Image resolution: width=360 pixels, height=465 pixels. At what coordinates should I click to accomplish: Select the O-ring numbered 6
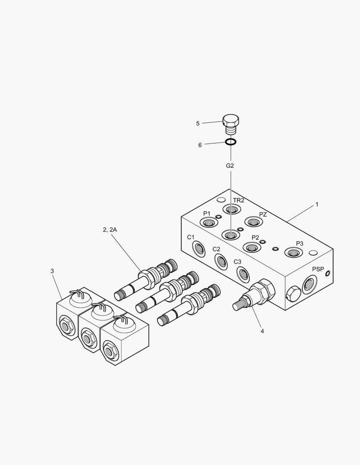[231, 142]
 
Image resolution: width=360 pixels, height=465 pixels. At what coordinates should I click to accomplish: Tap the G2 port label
[230, 165]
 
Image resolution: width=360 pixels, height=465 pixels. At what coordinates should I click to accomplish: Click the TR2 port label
[239, 200]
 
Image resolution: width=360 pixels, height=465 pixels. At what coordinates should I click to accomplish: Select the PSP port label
[318, 269]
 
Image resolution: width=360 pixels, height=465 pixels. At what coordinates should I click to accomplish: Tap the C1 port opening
[199, 248]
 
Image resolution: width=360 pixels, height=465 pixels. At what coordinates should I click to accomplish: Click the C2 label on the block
[216, 249]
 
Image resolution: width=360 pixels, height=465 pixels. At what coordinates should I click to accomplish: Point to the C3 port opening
[242, 273]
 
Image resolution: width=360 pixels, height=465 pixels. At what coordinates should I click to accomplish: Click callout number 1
[317, 205]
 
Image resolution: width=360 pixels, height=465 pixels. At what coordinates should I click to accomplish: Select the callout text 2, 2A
[110, 230]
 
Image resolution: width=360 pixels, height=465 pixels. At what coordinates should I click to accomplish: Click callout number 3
[52, 271]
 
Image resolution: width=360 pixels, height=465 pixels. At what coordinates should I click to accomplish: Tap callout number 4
[262, 331]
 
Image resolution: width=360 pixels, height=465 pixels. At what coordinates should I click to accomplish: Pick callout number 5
[198, 124]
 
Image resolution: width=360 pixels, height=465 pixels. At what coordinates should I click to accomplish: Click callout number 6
[200, 145]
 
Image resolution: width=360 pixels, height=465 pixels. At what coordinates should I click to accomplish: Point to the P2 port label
[255, 238]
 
